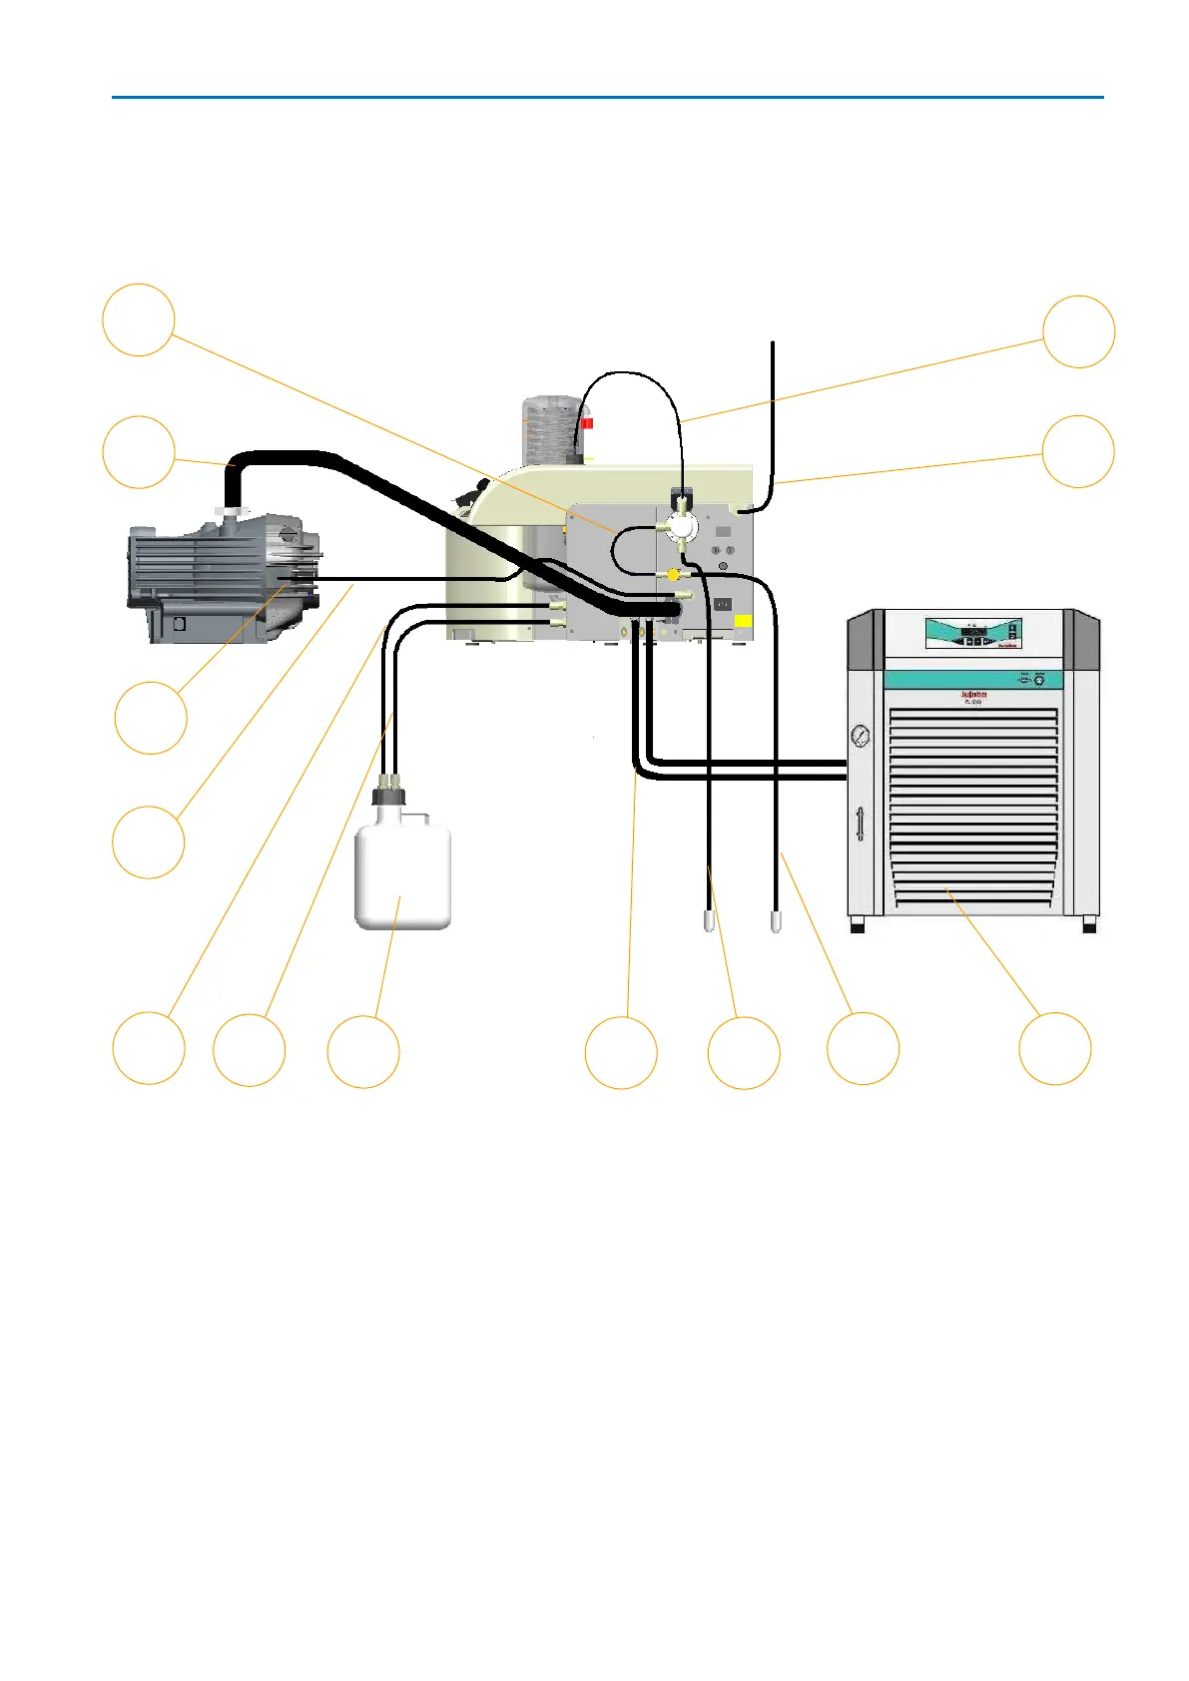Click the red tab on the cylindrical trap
click(587, 423)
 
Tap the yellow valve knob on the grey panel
click(674, 575)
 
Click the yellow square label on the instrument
click(743, 623)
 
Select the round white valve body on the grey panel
click(682, 526)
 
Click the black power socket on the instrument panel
click(722, 604)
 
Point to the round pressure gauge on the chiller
click(860, 737)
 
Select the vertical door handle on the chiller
click(860, 825)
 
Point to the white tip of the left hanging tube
click(709, 921)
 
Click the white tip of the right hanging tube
click(777, 921)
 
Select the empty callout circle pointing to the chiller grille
click(1054, 1048)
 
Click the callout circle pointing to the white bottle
click(363, 1051)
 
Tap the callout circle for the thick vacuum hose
click(139, 452)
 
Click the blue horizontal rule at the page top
click(607, 98)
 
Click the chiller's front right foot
click(1089, 925)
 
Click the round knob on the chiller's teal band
click(1039, 680)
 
